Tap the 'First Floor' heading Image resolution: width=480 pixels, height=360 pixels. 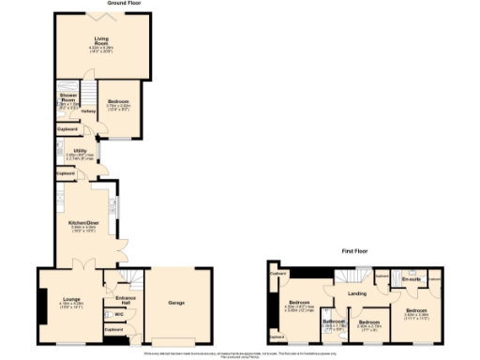[x=352, y=252]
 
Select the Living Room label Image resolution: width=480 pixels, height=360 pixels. [x=100, y=40]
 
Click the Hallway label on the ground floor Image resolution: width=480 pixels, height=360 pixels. [x=88, y=112]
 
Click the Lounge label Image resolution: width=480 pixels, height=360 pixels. [x=70, y=299]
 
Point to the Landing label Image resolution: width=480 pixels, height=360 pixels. [x=357, y=294]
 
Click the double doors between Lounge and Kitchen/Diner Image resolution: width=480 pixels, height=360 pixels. [x=82, y=268]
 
